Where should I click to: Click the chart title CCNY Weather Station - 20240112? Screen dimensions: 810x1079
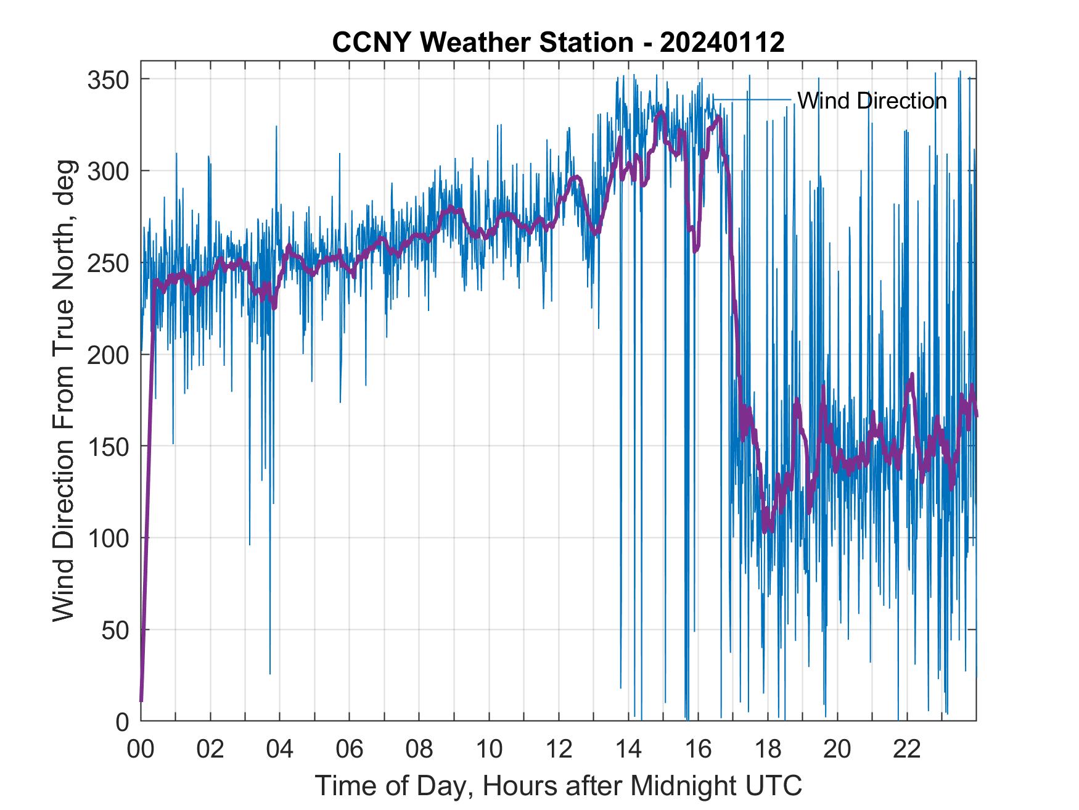point(558,43)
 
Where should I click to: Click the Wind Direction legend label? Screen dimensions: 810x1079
point(872,101)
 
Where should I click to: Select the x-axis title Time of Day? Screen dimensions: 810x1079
point(558,785)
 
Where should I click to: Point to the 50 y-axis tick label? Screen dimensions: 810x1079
point(114,630)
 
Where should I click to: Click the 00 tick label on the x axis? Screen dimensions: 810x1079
point(141,749)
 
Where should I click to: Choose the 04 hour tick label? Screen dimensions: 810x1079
point(280,749)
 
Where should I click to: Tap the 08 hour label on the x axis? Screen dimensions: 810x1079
point(419,749)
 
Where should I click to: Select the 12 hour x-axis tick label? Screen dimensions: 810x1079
point(559,749)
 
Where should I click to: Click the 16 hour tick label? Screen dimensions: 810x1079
point(698,749)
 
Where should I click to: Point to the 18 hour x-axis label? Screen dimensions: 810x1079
point(768,749)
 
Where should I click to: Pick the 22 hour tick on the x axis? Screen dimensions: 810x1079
point(907,749)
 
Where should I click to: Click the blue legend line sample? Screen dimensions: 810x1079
point(752,100)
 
